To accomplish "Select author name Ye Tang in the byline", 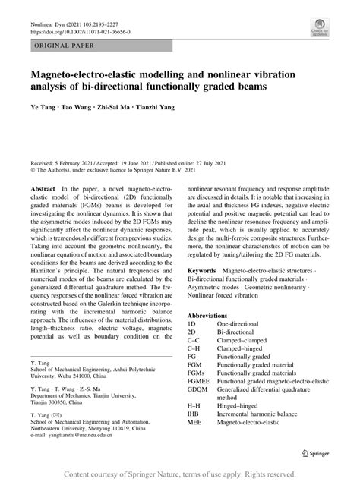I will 42,107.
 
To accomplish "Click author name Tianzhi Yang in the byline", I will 151,107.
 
